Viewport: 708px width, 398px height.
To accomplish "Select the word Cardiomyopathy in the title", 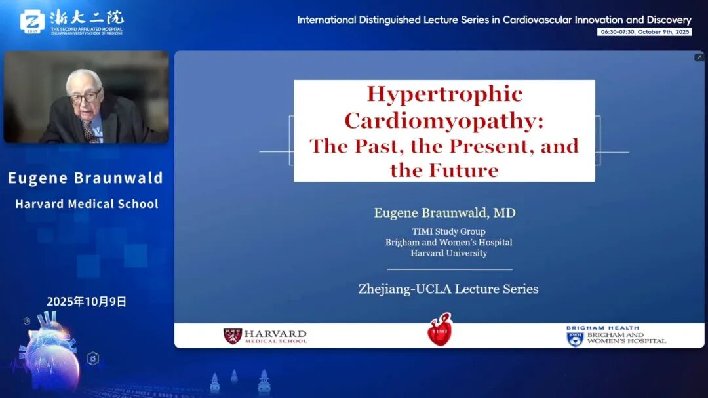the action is (444, 121).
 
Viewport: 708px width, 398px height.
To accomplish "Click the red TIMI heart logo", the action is (439, 329).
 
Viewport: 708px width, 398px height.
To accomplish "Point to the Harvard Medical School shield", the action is (233, 336).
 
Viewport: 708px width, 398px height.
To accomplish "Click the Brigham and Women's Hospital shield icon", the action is (575, 339).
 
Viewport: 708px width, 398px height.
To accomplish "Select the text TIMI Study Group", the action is (448, 231).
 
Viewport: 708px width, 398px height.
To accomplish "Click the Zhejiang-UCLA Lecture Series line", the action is (448, 289).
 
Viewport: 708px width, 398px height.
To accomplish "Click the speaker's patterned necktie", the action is (89, 131).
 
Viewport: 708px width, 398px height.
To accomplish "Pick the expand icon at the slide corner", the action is (699, 58).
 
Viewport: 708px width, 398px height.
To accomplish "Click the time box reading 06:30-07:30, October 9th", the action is (644, 32).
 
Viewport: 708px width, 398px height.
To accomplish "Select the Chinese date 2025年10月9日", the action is (87, 302).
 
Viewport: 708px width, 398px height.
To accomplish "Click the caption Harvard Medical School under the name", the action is (87, 204).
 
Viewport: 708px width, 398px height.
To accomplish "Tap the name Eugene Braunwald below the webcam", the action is (85, 178).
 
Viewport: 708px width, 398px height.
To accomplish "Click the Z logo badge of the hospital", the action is (32, 22).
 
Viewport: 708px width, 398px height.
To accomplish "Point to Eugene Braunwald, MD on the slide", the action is (444, 213).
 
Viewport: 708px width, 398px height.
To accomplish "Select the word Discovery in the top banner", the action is (669, 20).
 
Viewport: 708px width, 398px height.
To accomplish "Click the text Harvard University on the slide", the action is (449, 254).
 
